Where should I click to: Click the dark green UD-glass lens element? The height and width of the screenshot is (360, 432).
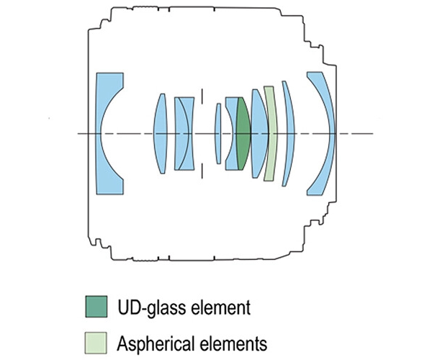pyautogui.click(x=243, y=134)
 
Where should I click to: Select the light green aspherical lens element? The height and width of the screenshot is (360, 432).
pyautogui.click(x=269, y=134)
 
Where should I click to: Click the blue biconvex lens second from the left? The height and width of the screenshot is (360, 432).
pyautogui.click(x=161, y=134)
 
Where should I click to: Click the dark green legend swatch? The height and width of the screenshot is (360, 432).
pyautogui.click(x=98, y=307)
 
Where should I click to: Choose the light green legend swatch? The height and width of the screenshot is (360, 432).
pyautogui.click(x=98, y=338)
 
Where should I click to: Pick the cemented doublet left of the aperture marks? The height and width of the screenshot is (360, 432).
pyautogui.click(x=184, y=134)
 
